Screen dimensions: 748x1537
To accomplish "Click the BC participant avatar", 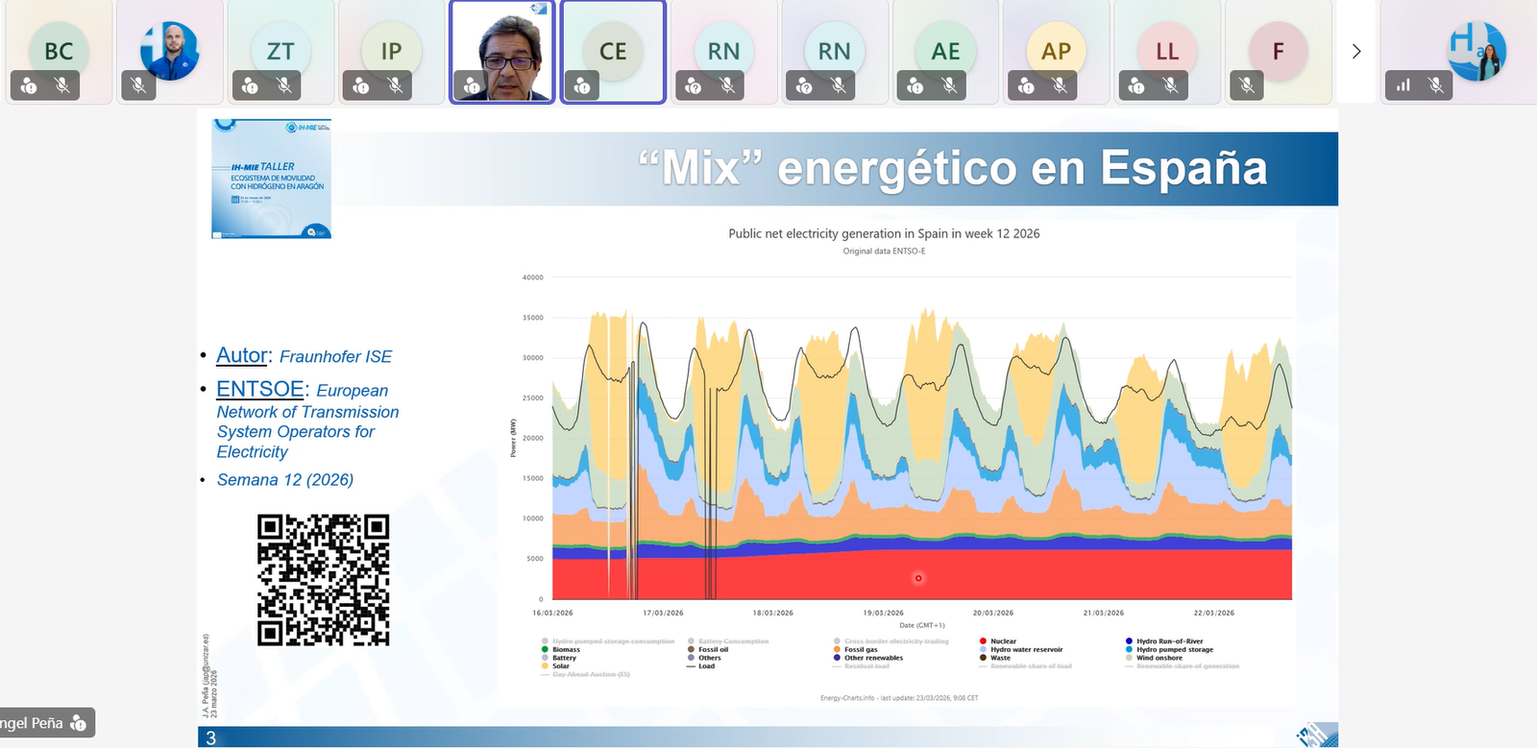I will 59,50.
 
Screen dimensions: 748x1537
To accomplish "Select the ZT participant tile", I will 281,50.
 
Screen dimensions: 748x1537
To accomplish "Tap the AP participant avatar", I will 1056,50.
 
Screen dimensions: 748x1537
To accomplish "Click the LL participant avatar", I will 1166,50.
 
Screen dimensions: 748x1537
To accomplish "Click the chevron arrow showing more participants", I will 1356,51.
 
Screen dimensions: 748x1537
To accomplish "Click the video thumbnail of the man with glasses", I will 502,51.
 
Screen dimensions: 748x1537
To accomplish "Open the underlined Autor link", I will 242,355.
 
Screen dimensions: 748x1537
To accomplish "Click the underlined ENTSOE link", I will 259,389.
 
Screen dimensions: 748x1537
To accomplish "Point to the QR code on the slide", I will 323,579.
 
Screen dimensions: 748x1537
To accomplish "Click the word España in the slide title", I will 1183,168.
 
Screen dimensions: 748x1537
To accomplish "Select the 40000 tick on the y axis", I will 532,277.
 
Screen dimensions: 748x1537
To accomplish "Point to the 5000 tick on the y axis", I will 534,558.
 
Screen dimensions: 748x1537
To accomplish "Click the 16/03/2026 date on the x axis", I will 552,613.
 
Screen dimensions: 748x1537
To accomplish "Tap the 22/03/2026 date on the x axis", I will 1214,613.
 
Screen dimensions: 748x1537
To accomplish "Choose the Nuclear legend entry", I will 1003,641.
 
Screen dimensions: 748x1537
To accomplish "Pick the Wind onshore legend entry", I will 1159,658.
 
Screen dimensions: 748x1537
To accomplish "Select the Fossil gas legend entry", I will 861,650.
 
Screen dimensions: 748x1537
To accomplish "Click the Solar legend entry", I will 561,665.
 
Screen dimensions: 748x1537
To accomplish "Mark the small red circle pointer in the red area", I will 918,578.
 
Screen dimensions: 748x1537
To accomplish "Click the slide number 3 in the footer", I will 211,738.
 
